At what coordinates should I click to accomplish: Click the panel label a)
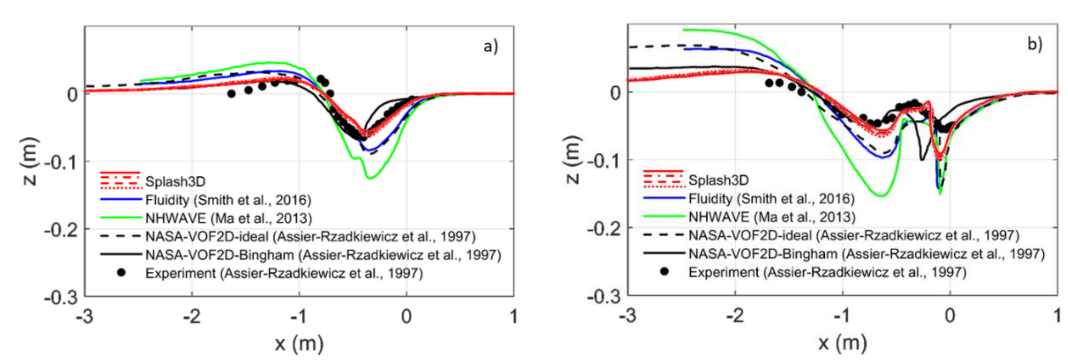(490, 46)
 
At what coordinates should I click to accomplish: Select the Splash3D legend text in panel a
(175, 181)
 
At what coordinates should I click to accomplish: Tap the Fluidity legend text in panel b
(771, 199)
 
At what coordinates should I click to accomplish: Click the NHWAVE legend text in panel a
(228, 218)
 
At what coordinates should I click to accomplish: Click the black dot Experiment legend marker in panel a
(121, 273)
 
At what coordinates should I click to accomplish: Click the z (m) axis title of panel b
(573, 160)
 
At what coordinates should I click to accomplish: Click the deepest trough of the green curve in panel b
(882, 195)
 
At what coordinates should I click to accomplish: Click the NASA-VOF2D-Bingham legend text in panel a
(323, 254)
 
